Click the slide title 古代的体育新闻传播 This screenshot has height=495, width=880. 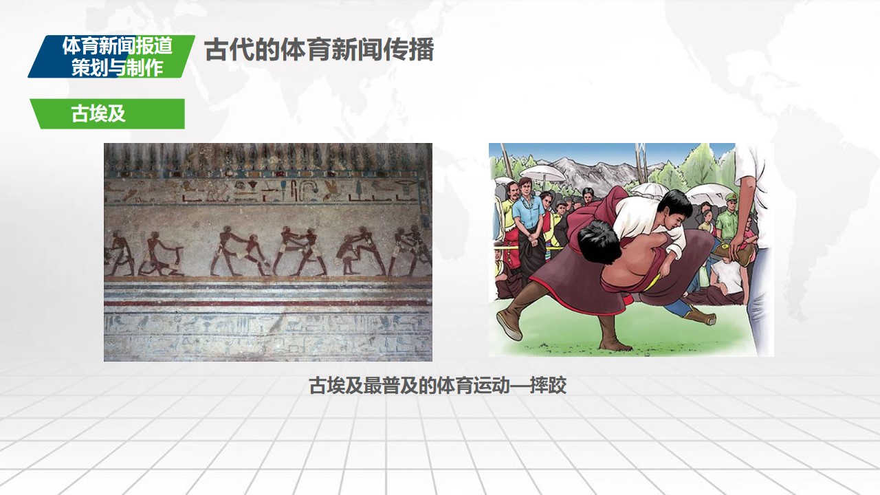pos(319,50)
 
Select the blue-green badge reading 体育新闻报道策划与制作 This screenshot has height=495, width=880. pos(111,56)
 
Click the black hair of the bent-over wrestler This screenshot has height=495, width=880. pos(599,241)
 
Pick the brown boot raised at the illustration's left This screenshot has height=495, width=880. pos(509,324)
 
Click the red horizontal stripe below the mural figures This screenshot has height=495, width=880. pos(268,303)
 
